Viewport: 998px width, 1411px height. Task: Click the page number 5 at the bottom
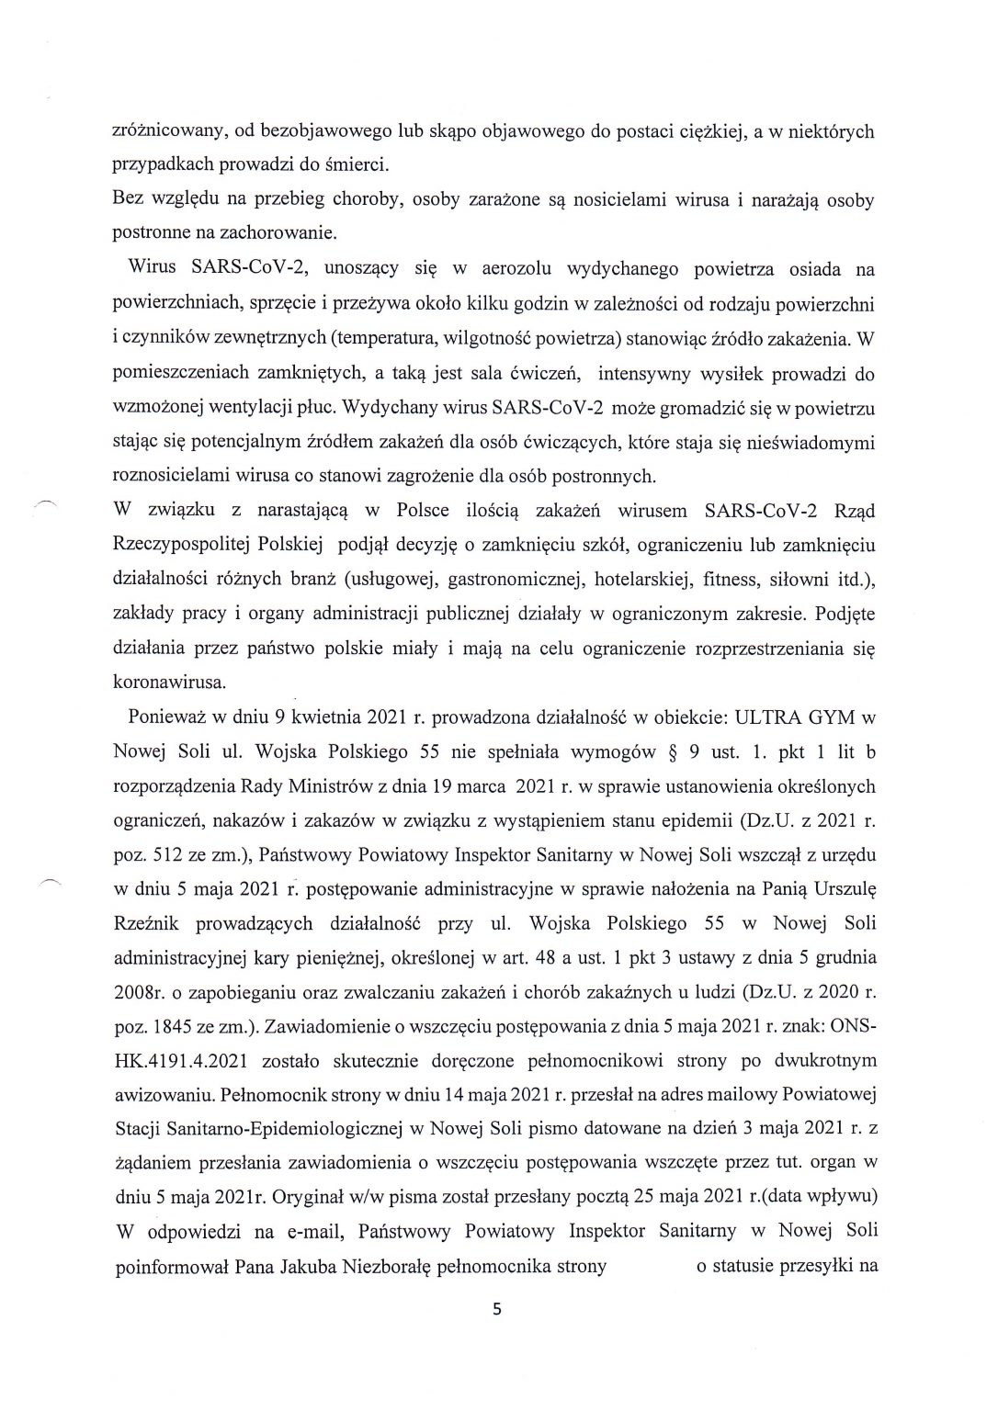(x=498, y=1311)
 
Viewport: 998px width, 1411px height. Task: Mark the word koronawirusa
(x=171, y=683)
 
